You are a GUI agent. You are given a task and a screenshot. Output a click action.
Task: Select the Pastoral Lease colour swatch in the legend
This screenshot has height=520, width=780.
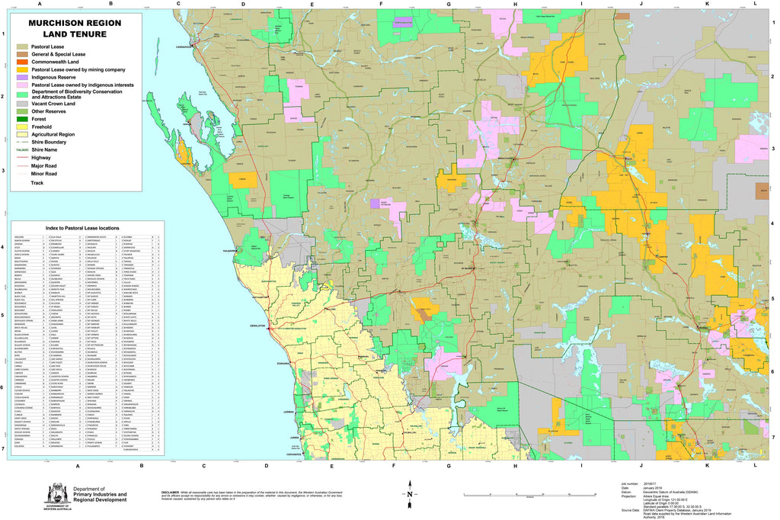(24, 47)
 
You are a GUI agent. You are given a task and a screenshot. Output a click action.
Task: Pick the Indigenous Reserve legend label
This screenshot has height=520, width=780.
(59, 77)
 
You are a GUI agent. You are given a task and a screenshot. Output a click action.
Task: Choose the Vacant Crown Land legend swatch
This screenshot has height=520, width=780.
(24, 103)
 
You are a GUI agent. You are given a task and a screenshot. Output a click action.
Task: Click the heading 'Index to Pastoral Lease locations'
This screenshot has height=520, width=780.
(82, 228)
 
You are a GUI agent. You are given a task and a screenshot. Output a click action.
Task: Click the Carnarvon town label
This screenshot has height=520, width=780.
(181, 46)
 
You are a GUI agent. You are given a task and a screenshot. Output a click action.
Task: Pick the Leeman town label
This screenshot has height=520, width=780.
(289, 412)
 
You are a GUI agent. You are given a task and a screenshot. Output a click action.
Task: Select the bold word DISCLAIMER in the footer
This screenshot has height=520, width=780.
(171, 491)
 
